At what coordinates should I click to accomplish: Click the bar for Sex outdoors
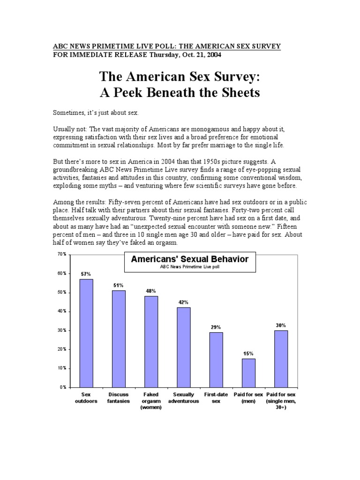click(x=86, y=333)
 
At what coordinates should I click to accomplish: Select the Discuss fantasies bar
click(x=119, y=338)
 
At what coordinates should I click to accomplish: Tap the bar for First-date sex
click(x=216, y=360)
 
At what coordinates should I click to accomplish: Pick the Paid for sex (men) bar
click(x=248, y=373)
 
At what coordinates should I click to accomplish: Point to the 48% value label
click(x=151, y=291)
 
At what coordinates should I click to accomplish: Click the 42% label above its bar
click(x=184, y=302)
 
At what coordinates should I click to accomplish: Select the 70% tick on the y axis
click(x=61, y=254)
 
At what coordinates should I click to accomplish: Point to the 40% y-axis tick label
click(x=61, y=311)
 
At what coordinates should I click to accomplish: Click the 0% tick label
click(x=63, y=388)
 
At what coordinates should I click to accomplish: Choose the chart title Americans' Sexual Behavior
click(x=189, y=259)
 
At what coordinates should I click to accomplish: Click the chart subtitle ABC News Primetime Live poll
click(x=189, y=267)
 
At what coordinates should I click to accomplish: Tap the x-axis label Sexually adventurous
click(x=184, y=398)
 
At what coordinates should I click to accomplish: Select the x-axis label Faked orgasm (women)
click(x=151, y=401)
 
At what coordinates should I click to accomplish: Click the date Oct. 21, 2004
click(x=198, y=54)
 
